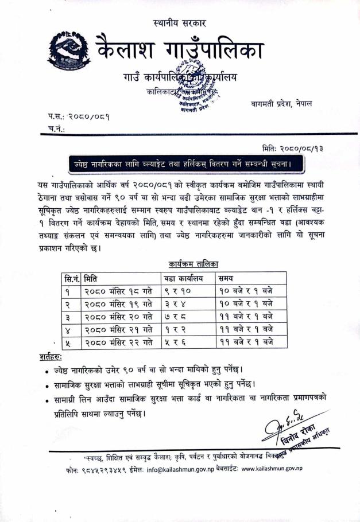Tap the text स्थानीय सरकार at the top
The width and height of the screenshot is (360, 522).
pyautogui.click(x=180, y=24)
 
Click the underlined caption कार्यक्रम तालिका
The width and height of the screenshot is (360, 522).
pyautogui.click(x=194, y=264)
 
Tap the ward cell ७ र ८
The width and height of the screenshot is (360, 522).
pyautogui.click(x=175, y=317)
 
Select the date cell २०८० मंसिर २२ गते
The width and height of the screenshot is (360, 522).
pyautogui.click(x=118, y=342)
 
